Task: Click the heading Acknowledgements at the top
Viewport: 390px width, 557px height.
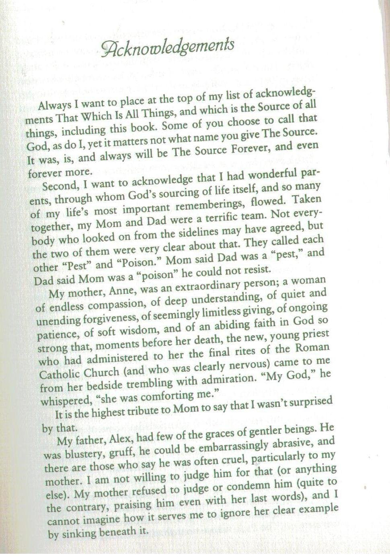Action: point(168,47)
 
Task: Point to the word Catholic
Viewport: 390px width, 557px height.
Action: point(59,374)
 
